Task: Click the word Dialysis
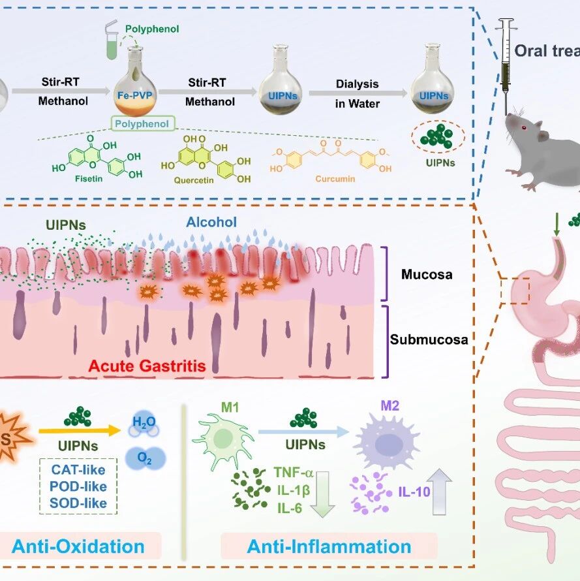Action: pyautogui.click(x=357, y=84)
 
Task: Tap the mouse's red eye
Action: pyautogui.click(x=524, y=126)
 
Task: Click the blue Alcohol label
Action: pyautogui.click(x=211, y=223)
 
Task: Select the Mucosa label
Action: pyautogui.click(x=427, y=275)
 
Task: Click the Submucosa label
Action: pyautogui.click(x=429, y=339)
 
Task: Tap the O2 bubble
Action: pyautogui.click(x=145, y=458)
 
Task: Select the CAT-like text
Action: pyautogui.click(x=78, y=469)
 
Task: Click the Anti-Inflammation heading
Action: pyautogui.click(x=329, y=546)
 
